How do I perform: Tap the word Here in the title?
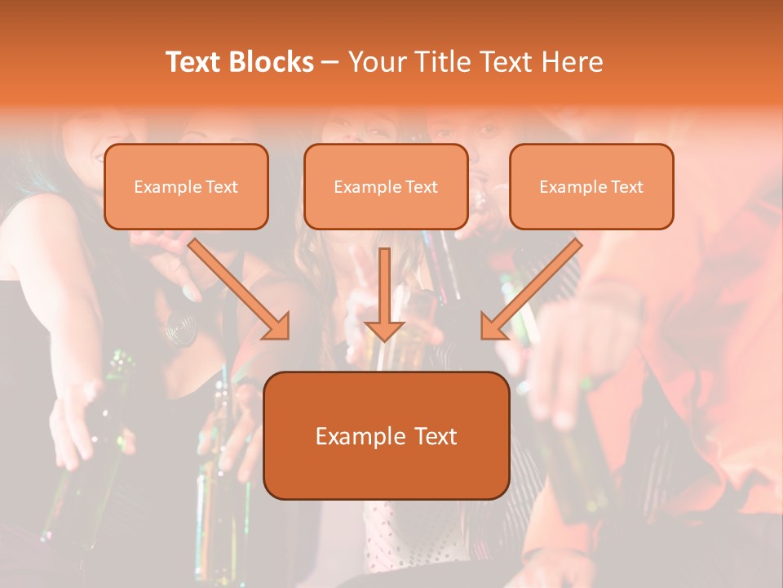coord(573,62)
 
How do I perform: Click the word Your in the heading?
coord(377,62)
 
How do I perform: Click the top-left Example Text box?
coord(186,186)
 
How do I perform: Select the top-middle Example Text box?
coord(386,186)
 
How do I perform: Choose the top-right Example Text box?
coord(591,186)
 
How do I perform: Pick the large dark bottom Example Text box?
coord(387,435)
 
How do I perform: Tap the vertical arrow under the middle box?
coord(384,286)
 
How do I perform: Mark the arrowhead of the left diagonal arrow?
coord(278,327)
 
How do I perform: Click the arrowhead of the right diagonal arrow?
coord(492,327)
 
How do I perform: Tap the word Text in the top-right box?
coord(626,187)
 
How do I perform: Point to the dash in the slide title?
coord(330,63)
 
